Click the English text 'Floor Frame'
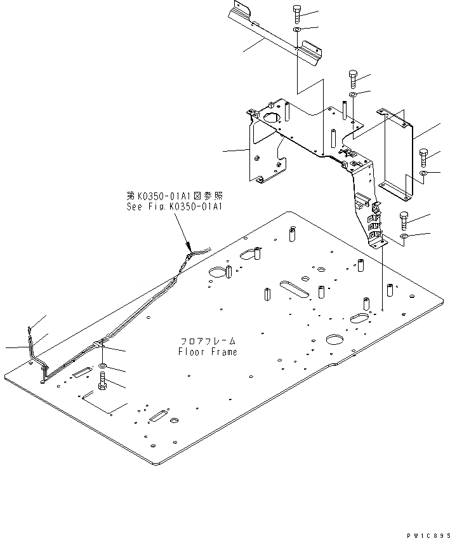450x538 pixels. pyautogui.click(x=207, y=352)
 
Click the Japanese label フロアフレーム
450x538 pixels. pyautogui.click(x=208, y=341)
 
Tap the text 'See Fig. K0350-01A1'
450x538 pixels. pyautogui.click(x=175, y=207)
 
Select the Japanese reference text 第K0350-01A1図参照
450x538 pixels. pyautogui.click(x=175, y=196)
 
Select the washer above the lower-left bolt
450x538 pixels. pyautogui.click(x=103, y=368)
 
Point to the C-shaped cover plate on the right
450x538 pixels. pyautogui.click(x=399, y=152)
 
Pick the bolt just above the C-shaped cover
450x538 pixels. pyautogui.click(x=354, y=79)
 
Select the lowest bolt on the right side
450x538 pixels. pyautogui.click(x=404, y=221)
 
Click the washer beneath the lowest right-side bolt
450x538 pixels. pyautogui.click(x=404, y=238)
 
